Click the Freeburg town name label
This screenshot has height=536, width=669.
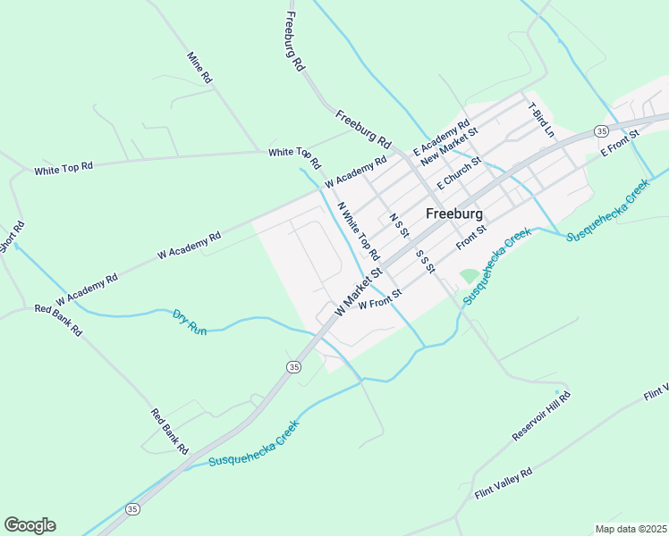454,214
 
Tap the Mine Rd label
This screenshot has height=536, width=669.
199,68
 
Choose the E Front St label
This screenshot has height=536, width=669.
621,143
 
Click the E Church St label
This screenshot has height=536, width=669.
459,172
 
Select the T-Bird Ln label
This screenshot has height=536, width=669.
542,120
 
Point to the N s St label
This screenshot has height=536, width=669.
399,225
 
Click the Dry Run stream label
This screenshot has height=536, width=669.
190,322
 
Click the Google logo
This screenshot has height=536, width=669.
30,525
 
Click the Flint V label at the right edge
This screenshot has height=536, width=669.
656,394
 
